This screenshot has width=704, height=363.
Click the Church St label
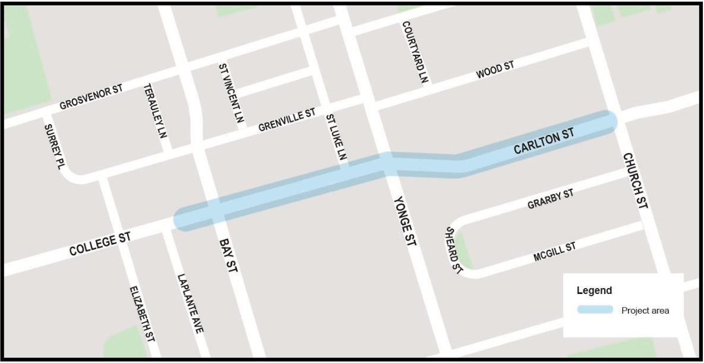[636, 180]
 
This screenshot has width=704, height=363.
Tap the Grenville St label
[287, 120]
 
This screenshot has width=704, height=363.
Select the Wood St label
[495, 71]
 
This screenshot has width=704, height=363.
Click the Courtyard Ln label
[415, 52]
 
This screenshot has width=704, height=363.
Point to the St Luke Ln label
[336, 138]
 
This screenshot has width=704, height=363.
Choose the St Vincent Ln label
[231, 93]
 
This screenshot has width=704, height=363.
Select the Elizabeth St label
[143, 313]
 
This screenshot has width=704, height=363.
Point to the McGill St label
[554, 252]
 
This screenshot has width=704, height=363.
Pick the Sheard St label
[454, 250]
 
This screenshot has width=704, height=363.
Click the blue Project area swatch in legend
[595, 310]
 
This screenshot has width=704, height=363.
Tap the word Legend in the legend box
[594, 291]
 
